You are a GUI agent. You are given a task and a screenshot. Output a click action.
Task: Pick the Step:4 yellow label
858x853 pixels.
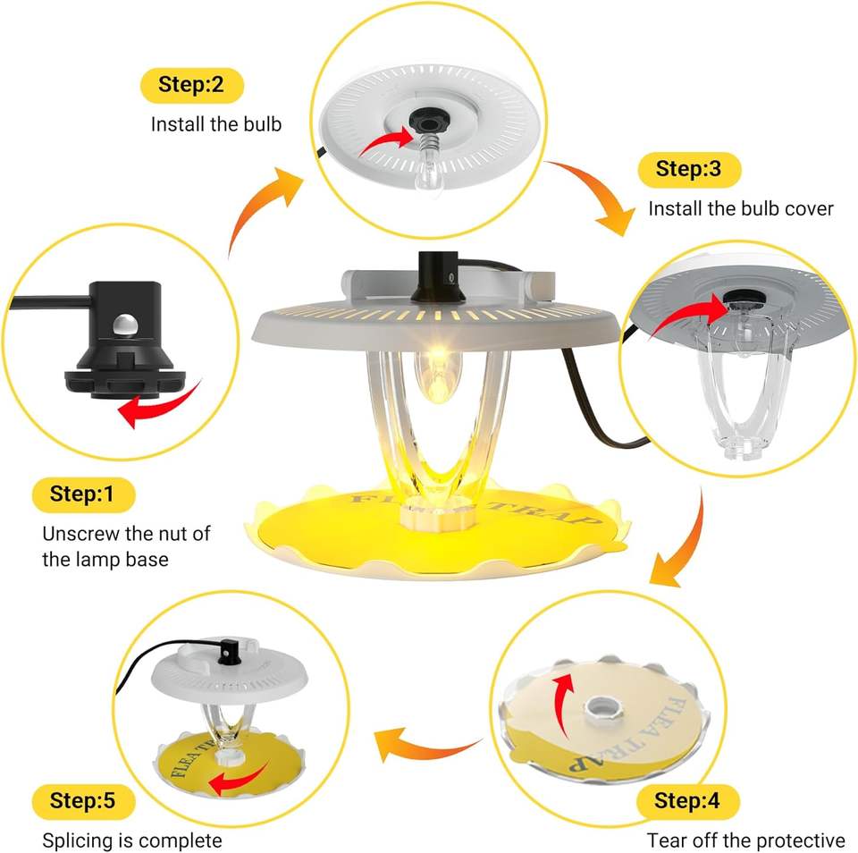tap(686, 800)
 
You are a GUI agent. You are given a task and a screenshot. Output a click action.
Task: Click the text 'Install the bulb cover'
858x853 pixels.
tap(740, 208)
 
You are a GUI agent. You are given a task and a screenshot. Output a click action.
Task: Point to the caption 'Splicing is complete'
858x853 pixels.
tap(132, 840)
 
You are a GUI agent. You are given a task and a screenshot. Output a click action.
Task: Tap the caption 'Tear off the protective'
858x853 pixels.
tap(745, 840)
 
